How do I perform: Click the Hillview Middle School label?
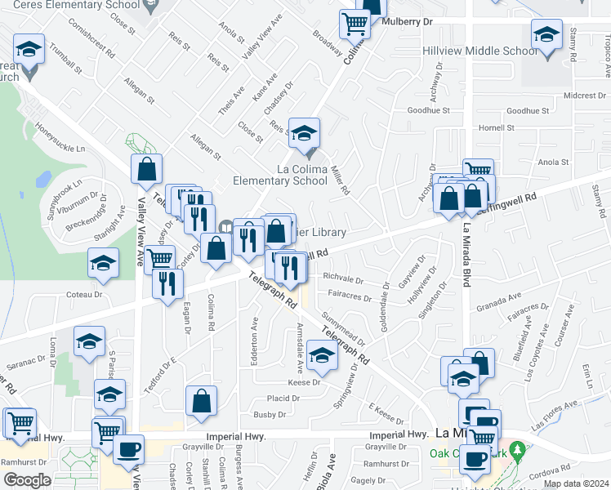point(479,51)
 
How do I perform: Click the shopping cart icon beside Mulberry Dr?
point(355,24)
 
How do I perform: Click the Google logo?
point(27,480)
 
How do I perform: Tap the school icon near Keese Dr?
point(322,356)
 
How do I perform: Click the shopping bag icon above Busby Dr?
point(201,402)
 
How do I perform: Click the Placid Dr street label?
point(283,398)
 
